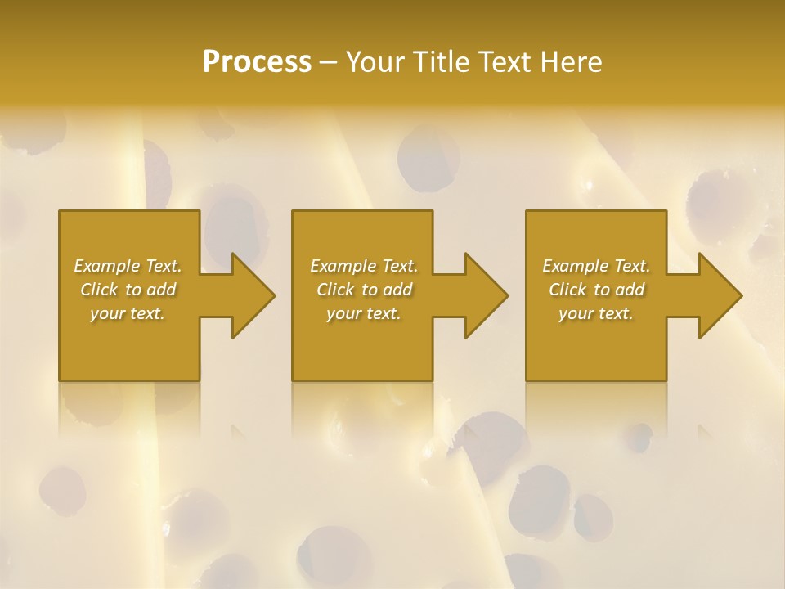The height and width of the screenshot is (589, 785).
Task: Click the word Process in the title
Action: click(x=257, y=62)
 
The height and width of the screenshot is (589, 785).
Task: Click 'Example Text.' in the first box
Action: click(x=128, y=266)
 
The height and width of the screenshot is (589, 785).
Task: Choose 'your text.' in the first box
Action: click(x=128, y=313)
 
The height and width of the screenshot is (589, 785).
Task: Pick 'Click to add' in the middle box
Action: click(x=364, y=290)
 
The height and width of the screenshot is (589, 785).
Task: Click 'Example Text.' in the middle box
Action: click(x=364, y=266)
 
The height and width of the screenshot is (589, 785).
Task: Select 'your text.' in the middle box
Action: click(x=364, y=313)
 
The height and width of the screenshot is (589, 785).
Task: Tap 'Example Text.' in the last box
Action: click(x=596, y=266)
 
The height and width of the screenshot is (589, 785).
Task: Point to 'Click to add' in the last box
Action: click(x=596, y=290)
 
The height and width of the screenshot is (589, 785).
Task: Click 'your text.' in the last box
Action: click(x=596, y=313)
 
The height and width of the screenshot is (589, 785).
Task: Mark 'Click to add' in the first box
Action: click(x=128, y=290)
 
